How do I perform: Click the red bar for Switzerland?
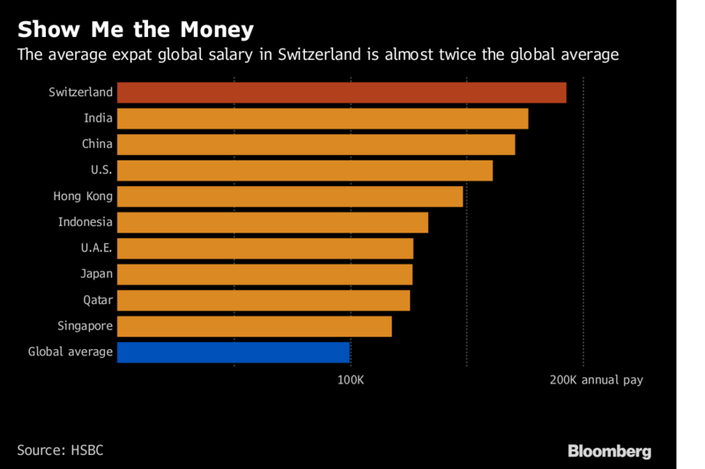341,93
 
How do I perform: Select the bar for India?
323,118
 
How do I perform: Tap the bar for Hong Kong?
290,197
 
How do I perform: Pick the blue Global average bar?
234,353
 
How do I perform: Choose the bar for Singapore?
254,327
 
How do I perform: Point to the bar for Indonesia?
272,222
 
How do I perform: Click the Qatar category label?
97,301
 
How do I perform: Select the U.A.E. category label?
93,249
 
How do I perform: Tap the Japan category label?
97,274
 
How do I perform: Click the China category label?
97,144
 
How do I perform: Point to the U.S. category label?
101,170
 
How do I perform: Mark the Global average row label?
70,353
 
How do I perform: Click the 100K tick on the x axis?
351,380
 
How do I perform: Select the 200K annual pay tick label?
597,380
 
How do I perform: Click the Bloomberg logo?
609,450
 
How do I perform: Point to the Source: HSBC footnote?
59,450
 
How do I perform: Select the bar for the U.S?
304,170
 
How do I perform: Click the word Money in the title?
219,30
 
